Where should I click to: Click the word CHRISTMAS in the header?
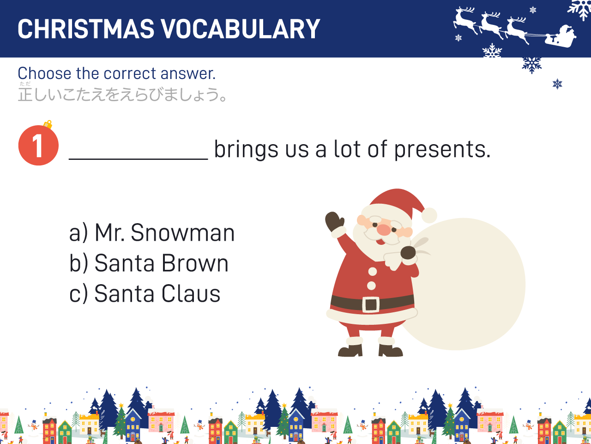pos(86,29)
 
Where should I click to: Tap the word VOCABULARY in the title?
pos(241,29)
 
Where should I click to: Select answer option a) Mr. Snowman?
pos(152,232)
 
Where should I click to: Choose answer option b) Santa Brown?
pos(149,263)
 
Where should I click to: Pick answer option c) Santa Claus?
pos(145,293)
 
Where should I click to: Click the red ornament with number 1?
pos(38,145)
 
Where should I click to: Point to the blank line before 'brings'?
pos(139,159)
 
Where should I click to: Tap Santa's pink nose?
pos(384,230)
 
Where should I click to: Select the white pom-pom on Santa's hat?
pos(429,215)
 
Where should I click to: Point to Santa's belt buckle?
pos(371,304)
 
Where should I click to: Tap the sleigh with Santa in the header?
pos(561,37)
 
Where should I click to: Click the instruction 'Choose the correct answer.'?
pos(117,73)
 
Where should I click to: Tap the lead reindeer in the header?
pos(465,20)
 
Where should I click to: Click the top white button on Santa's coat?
pos(372,271)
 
